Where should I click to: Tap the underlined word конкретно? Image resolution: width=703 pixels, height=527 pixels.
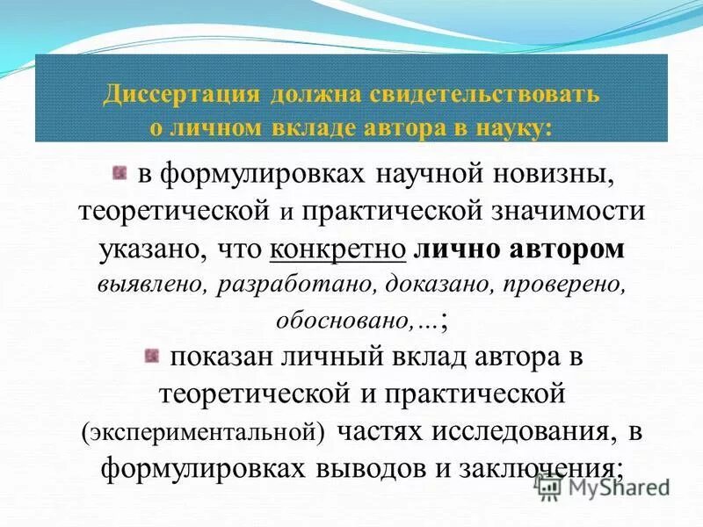click(x=338, y=249)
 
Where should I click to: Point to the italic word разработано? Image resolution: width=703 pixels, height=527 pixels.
click(x=272, y=285)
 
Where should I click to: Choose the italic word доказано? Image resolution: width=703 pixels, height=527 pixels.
click(x=406, y=285)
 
